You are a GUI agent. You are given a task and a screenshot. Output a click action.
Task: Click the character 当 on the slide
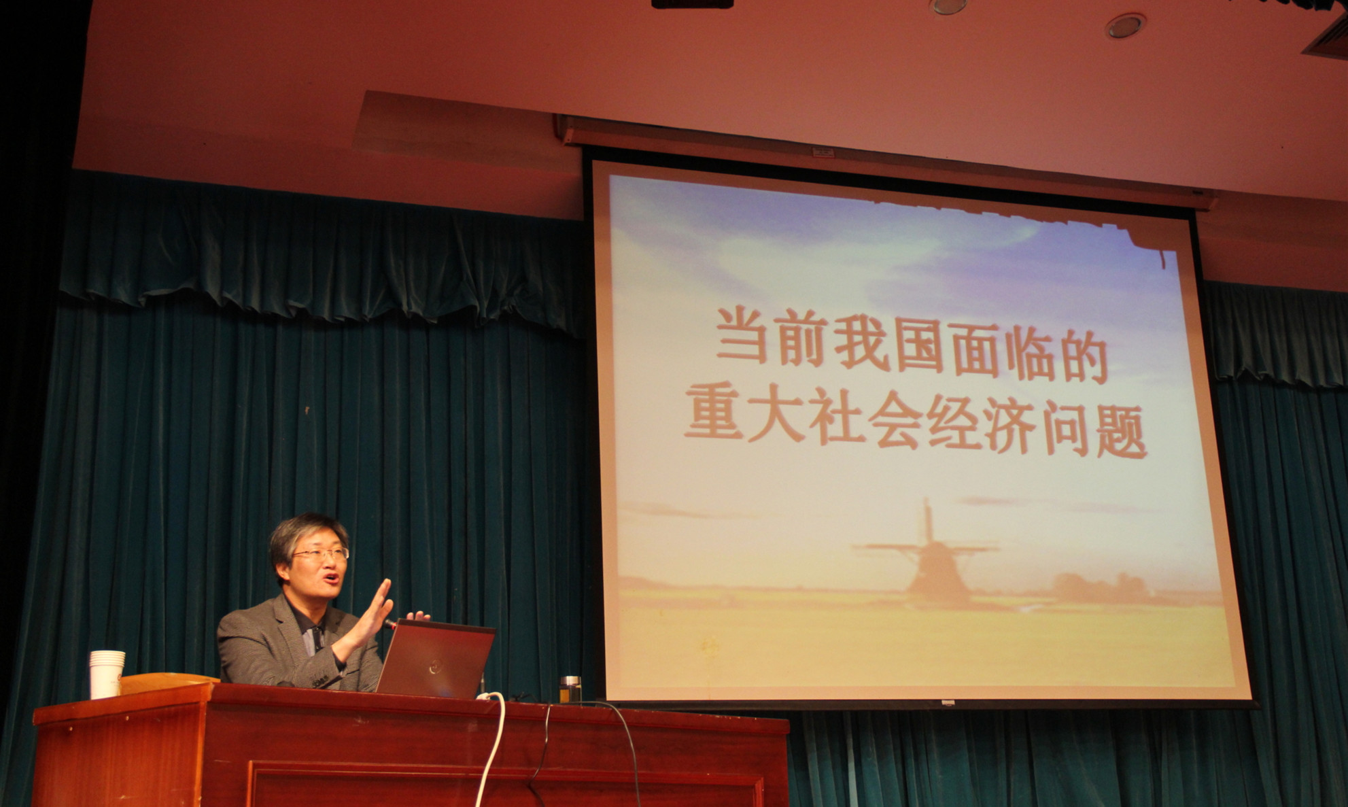coord(742,336)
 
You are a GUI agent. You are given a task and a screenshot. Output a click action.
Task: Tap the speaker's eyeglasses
coord(321,554)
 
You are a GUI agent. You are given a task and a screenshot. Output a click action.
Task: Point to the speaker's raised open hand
coord(373,608)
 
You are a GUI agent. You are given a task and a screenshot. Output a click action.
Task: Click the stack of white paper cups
coord(107,674)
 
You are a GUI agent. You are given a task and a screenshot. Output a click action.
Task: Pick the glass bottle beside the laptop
coord(571,689)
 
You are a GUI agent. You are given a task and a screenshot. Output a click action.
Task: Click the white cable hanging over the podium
coord(495,748)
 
